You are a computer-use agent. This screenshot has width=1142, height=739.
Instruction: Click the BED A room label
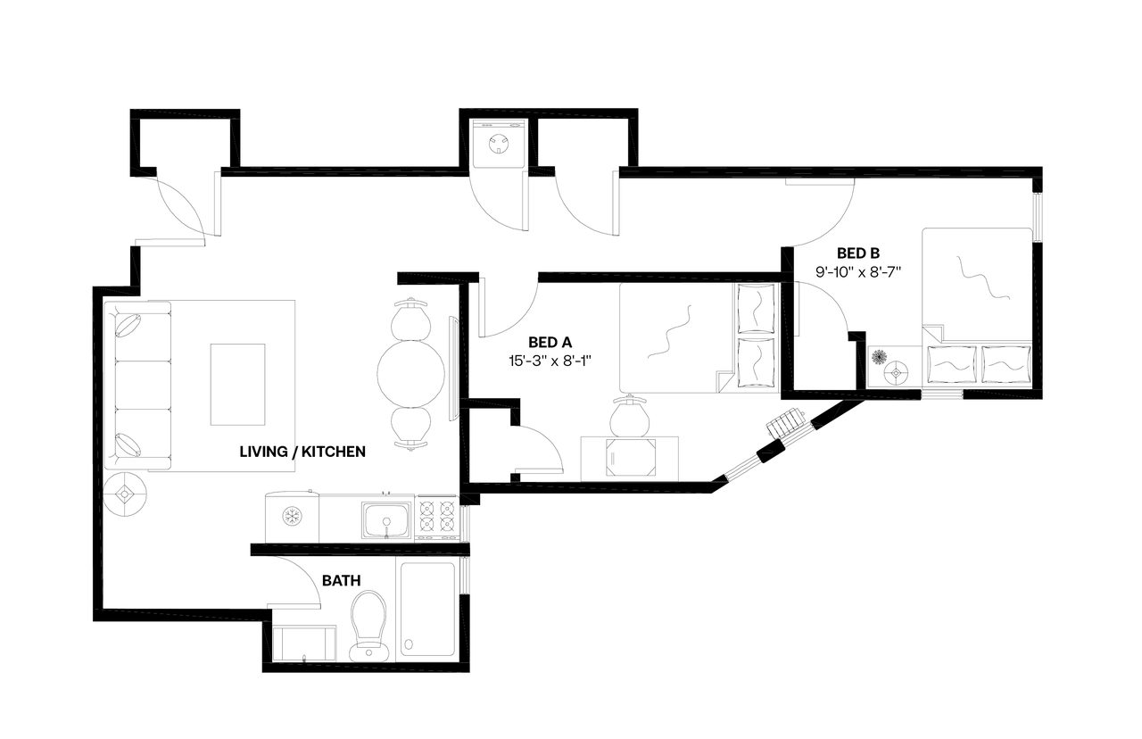[x=550, y=342]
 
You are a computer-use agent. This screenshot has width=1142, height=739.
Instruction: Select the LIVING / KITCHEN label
[x=302, y=452]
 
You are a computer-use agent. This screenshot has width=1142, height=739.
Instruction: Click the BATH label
[x=341, y=580]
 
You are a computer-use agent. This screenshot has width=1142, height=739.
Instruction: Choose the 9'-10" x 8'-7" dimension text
[x=857, y=272]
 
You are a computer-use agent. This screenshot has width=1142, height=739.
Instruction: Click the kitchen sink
[x=386, y=519]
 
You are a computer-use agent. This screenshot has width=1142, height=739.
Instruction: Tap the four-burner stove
[x=437, y=519]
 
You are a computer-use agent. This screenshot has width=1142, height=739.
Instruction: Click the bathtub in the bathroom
[x=427, y=609]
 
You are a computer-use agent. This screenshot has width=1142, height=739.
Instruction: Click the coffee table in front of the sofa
[x=237, y=385]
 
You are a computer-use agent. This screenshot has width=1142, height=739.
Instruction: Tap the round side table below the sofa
[x=125, y=494]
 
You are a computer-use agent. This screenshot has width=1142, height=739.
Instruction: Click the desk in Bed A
[x=629, y=458]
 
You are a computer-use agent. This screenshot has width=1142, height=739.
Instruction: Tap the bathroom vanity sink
[x=304, y=643]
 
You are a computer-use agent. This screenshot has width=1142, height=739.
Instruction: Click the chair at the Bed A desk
[x=629, y=416]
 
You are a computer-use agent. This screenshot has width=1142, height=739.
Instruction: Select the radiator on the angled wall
[x=788, y=422]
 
